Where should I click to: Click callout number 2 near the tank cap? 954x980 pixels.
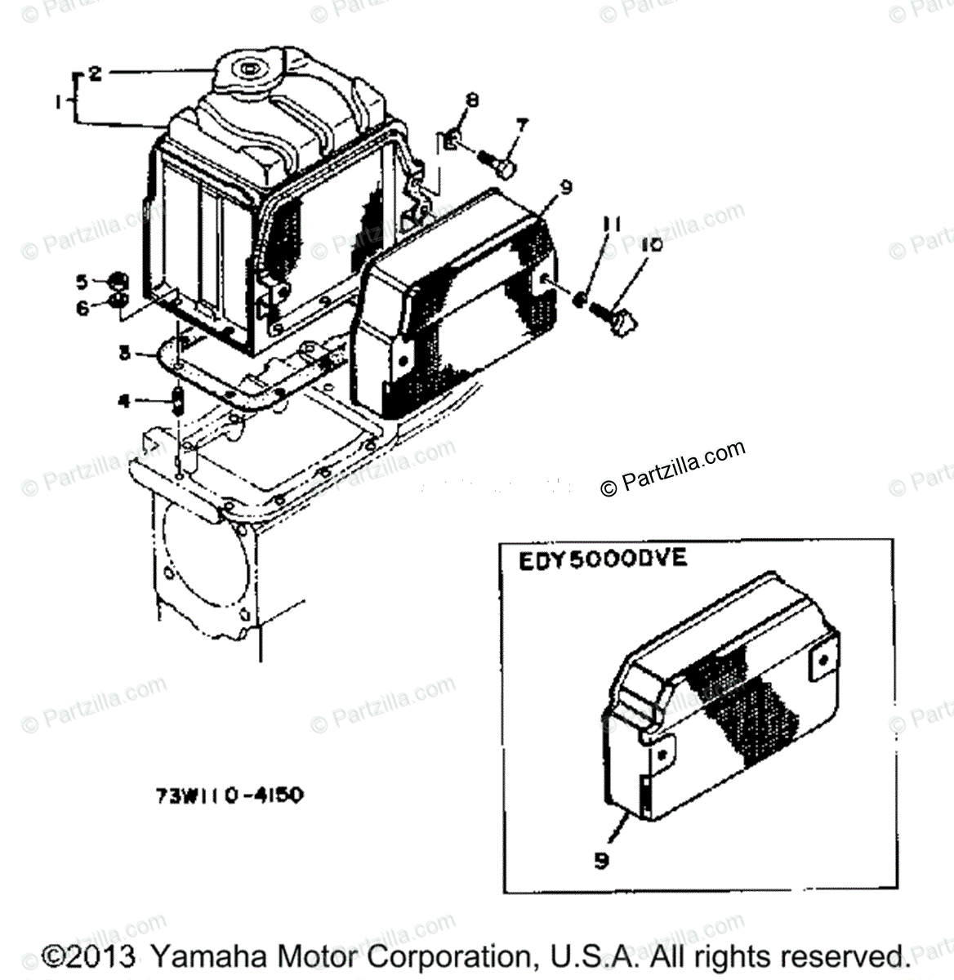click(95, 74)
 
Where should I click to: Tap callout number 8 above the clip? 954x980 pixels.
click(471, 101)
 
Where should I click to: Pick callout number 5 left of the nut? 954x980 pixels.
click(82, 283)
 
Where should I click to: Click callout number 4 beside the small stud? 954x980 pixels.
click(124, 401)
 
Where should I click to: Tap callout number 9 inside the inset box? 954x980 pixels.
click(602, 860)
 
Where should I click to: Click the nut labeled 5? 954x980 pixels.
click(118, 282)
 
